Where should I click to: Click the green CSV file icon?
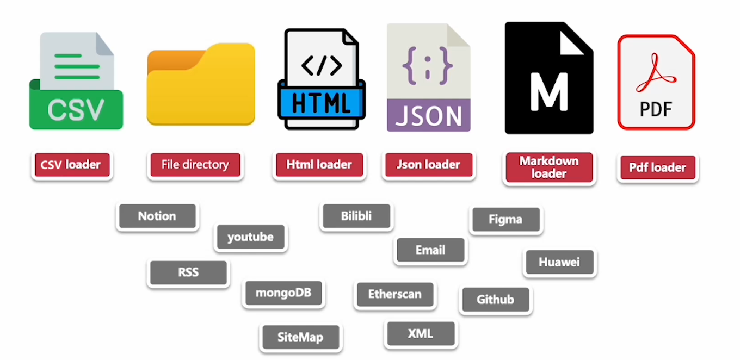(76, 81)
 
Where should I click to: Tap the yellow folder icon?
(201, 84)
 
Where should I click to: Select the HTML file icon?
(322, 79)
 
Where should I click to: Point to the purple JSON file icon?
(428, 77)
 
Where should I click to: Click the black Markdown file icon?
(548, 78)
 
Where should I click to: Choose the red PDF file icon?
(656, 82)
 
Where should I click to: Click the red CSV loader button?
(71, 165)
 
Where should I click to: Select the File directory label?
(195, 165)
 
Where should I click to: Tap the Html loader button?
(319, 165)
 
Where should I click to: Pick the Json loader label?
(429, 165)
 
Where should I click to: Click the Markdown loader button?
(549, 167)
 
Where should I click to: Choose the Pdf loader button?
(658, 167)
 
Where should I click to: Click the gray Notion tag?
(157, 216)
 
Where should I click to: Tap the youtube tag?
(250, 237)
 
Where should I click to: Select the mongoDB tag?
(283, 293)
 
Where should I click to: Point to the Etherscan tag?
(395, 294)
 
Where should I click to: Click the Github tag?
(495, 300)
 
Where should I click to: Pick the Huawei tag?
(559, 262)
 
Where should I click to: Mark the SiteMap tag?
(300, 337)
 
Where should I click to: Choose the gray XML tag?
(420, 333)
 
